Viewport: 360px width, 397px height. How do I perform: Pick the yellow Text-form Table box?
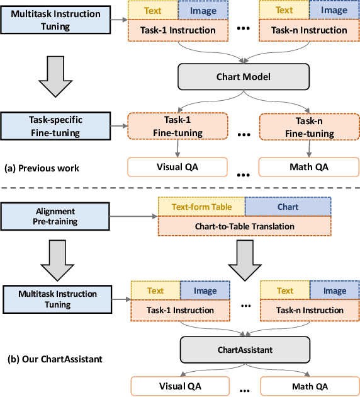tap(201, 206)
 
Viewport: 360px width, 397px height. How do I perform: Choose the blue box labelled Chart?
tap(287, 206)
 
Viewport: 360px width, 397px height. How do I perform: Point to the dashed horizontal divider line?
tap(180, 187)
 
